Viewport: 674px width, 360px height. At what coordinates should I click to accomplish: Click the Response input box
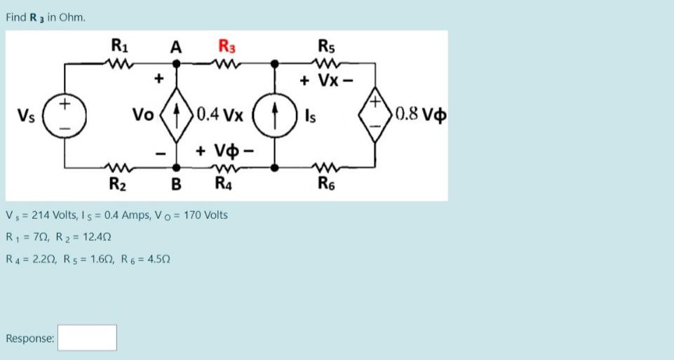(87, 338)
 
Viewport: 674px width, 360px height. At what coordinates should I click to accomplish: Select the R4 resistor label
(225, 185)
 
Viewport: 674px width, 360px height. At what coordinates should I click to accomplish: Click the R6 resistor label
(326, 185)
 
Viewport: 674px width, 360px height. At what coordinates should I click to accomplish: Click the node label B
(177, 185)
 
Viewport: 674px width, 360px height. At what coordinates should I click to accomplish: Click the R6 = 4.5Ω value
(147, 260)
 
